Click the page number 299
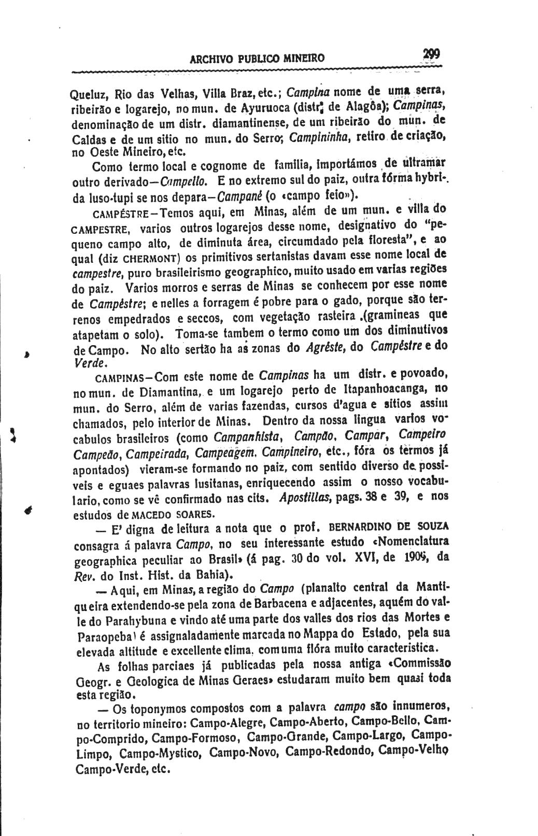431,54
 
